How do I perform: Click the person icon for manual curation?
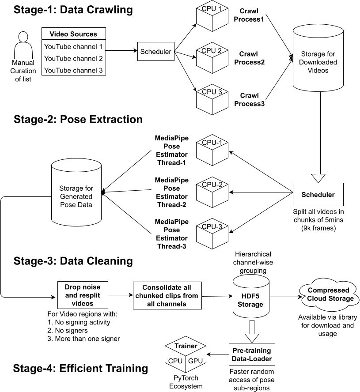23,45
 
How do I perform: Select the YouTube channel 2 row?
74,59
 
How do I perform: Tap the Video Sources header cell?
74,34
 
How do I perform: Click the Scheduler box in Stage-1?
155,52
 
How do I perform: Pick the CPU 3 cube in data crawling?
212,99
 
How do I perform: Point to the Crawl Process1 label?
249,15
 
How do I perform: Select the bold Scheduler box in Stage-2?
318,195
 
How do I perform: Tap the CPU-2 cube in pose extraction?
212,192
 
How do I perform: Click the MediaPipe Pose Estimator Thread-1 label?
172,150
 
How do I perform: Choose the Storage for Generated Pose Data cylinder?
76,192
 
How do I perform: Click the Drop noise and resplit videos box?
83,295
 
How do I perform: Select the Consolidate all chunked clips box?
167,296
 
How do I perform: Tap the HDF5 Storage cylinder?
251,297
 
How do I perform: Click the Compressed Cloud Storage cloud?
329,294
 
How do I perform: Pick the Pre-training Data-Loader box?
252,354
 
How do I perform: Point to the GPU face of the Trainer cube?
196,361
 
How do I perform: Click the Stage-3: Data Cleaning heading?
73,261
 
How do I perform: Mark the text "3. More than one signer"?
83,339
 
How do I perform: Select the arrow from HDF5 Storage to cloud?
286,297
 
